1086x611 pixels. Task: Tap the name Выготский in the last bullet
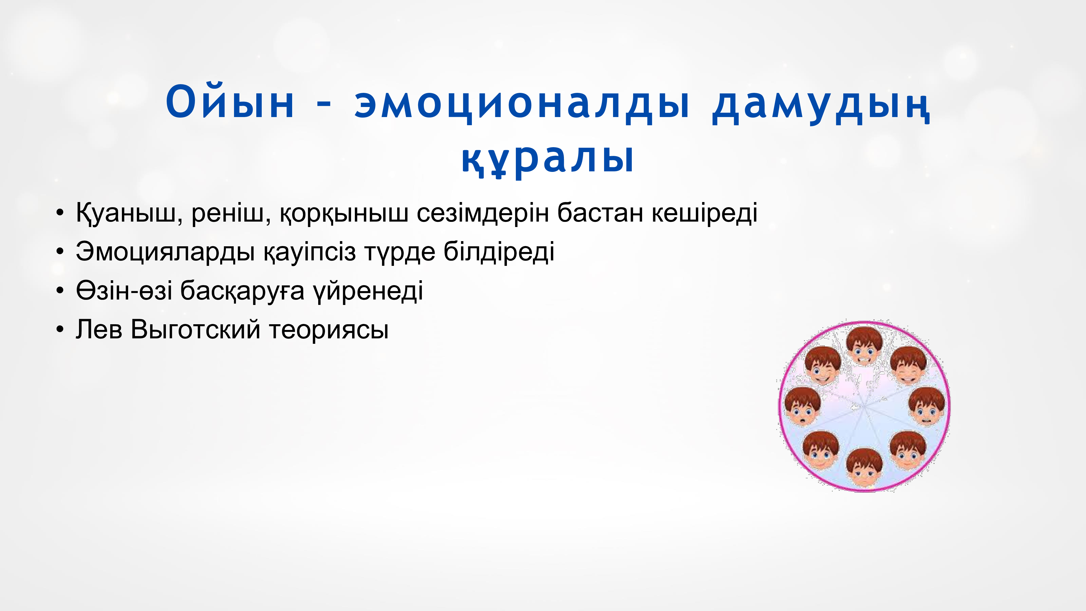195,329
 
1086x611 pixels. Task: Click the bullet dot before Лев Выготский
60,329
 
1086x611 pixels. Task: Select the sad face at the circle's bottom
864,468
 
